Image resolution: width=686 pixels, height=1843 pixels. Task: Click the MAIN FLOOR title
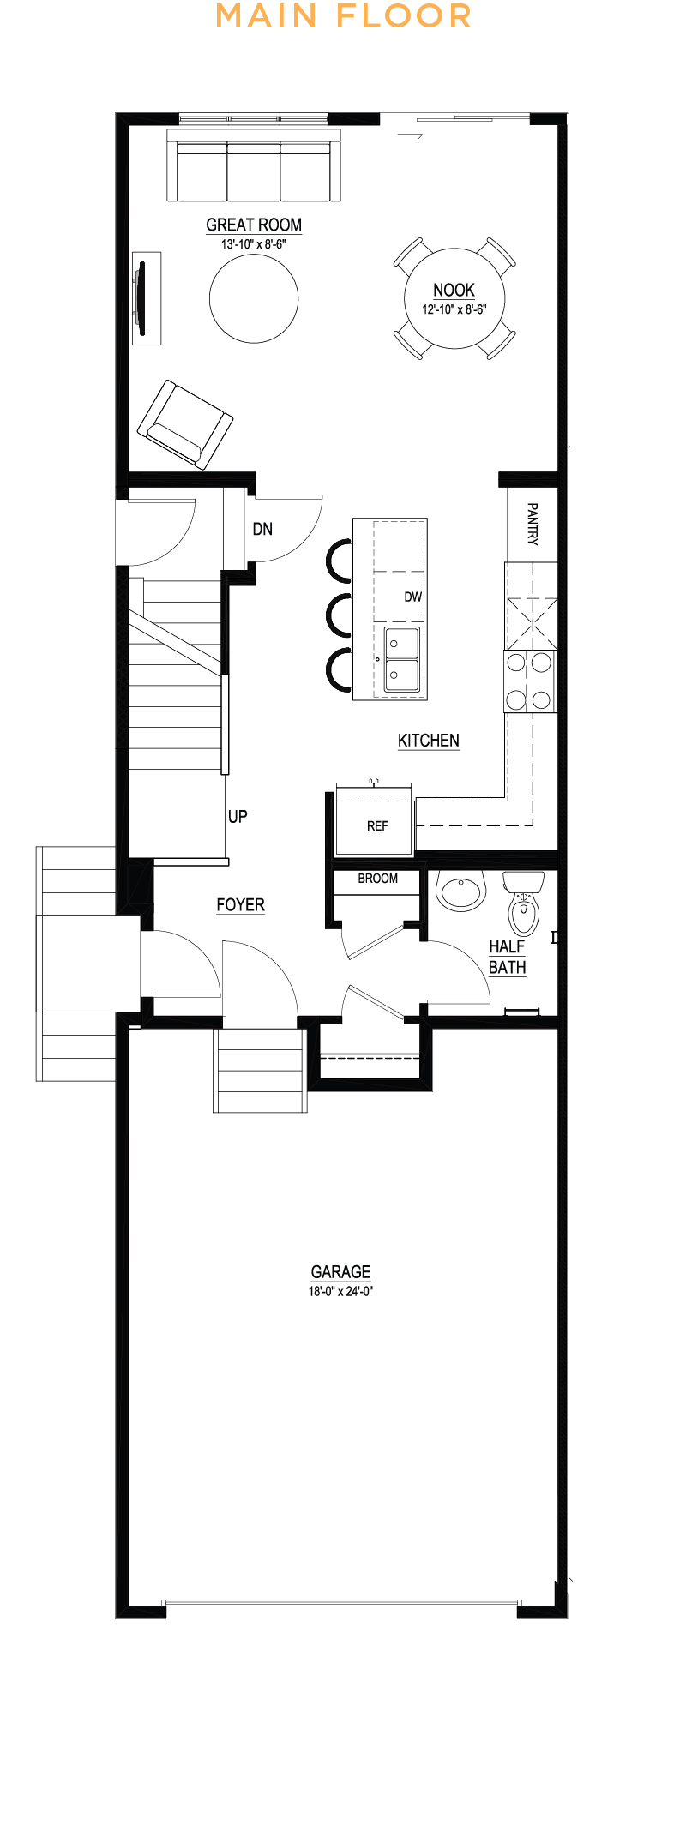pyautogui.click(x=343, y=16)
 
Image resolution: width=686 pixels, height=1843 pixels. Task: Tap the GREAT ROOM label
pyautogui.click(x=254, y=225)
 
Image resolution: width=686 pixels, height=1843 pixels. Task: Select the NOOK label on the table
pyautogui.click(x=454, y=290)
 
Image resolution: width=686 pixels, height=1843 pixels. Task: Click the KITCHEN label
pyautogui.click(x=429, y=741)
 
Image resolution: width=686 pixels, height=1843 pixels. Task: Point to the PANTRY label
pyautogui.click(x=533, y=524)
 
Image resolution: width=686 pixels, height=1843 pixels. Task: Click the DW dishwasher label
pyautogui.click(x=413, y=597)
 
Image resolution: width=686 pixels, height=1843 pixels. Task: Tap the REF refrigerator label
pyautogui.click(x=377, y=826)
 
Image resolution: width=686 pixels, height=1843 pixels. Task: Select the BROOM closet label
pyautogui.click(x=378, y=879)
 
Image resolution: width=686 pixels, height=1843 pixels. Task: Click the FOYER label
pyautogui.click(x=240, y=905)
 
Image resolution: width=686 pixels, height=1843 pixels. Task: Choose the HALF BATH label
pyautogui.click(x=508, y=957)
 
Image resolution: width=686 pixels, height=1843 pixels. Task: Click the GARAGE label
pyautogui.click(x=340, y=1272)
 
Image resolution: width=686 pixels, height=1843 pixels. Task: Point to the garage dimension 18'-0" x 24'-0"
pyautogui.click(x=340, y=1291)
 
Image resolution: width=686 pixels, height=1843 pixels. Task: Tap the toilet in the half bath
pyautogui.click(x=523, y=903)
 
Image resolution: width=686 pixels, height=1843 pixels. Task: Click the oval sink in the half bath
pyautogui.click(x=461, y=891)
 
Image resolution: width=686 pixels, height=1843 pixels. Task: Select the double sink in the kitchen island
pyautogui.click(x=401, y=658)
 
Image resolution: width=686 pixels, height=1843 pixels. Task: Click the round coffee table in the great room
pyautogui.click(x=254, y=298)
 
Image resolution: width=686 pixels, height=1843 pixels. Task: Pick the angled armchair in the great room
pyautogui.click(x=185, y=424)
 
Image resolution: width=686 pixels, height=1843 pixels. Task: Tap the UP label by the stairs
pyautogui.click(x=238, y=817)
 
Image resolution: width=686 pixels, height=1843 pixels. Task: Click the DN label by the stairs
pyautogui.click(x=262, y=529)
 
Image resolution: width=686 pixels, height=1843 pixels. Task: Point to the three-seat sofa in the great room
pyautogui.click(x=254, y=166)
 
